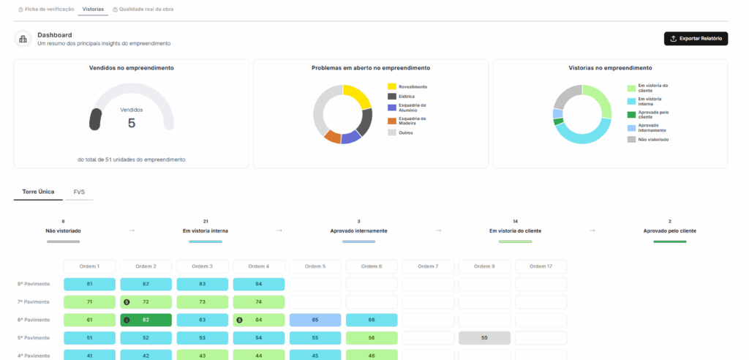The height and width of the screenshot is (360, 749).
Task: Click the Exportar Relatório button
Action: click(696, 39)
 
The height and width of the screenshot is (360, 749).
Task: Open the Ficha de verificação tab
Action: click(46, 9)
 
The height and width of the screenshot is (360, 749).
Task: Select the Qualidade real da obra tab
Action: click(143, 9)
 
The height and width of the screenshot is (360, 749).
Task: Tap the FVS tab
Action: click(79, 192)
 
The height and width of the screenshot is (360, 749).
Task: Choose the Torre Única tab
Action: click(38, 192)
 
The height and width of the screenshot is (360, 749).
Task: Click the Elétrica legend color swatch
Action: click(392, 97)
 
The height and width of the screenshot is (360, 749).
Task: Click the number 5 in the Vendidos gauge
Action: click(132, 124)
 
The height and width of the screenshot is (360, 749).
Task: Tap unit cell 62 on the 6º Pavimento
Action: click(146, 320)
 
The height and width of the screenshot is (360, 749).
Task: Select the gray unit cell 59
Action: click(484, 338)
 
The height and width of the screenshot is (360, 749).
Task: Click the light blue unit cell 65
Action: click(315, 320)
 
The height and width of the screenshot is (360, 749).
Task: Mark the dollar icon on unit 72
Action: click(127, 302)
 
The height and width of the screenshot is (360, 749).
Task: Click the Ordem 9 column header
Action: click(484, 266)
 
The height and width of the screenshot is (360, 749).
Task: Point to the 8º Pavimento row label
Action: click(33, 284)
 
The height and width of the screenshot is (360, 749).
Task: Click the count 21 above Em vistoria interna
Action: click(206, 222)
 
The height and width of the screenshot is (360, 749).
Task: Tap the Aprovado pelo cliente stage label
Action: click(670, 231)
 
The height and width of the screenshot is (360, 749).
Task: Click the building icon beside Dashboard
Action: click(23, 40)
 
